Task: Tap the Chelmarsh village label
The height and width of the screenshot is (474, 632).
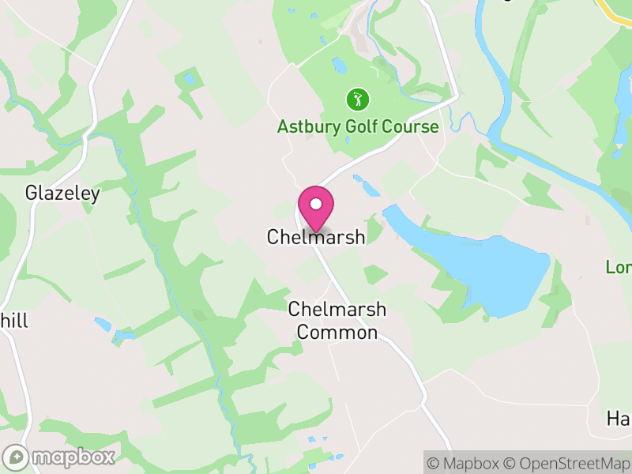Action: [x=316, y=237]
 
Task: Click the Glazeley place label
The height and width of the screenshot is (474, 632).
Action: [x=62, y=193]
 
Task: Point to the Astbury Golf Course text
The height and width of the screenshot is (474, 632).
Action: [x=358, y=126]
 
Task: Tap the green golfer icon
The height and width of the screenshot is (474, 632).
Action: [x=358, y=100]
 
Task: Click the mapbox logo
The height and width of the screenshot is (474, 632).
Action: [x=60, y=457]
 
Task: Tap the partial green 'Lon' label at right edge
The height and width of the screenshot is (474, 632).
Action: [x=619, y=267]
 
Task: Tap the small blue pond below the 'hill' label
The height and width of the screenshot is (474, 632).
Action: [x=103, y=324]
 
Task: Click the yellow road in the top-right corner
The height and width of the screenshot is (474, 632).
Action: [x=616, y=9]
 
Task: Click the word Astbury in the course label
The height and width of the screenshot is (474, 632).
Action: [x=304, y=126]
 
